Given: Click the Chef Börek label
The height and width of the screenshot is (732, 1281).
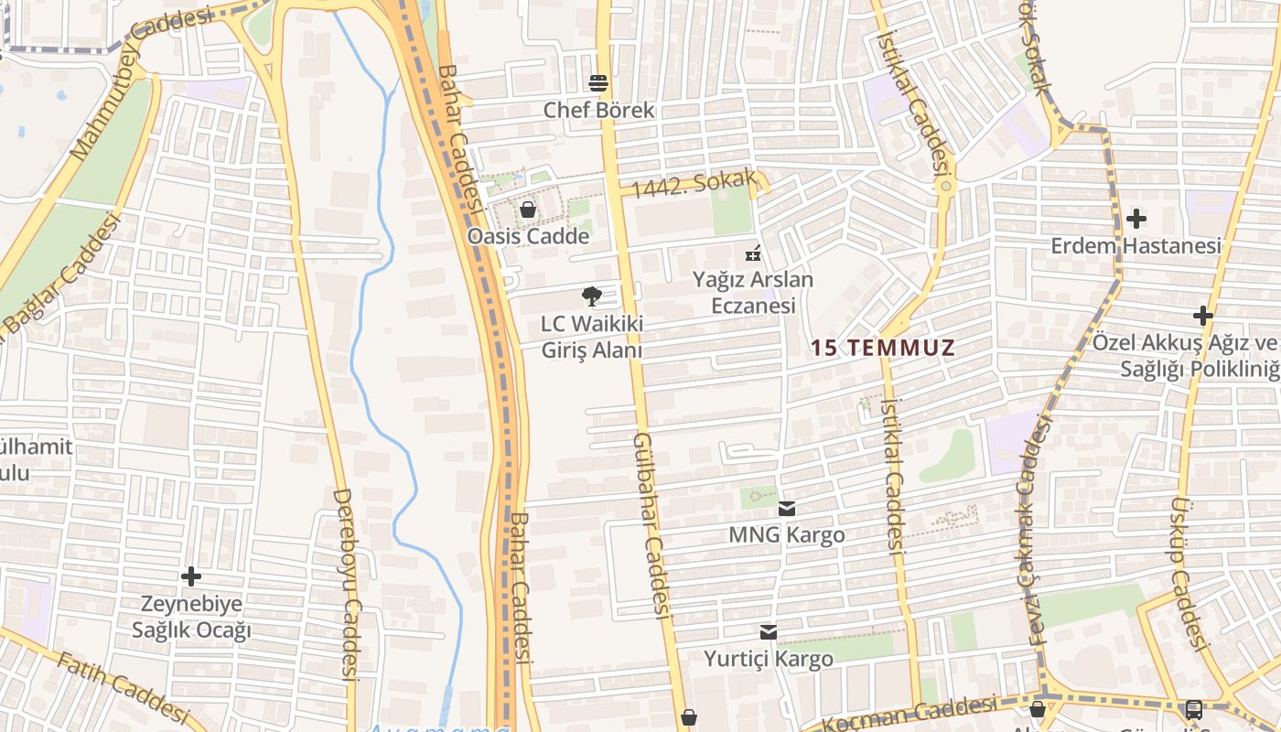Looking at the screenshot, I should (599, 110).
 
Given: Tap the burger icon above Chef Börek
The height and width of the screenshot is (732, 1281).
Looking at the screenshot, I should (599, 83).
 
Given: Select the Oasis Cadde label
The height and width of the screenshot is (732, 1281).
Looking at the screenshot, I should (528, 236).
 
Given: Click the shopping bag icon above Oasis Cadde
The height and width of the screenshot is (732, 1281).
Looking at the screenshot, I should (528, 210).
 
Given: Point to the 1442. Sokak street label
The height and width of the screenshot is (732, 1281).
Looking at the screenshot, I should (694, 185).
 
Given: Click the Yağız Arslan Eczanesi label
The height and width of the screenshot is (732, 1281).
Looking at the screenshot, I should (754, 292).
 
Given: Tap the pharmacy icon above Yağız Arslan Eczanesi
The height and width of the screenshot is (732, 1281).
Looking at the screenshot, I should (753, 253).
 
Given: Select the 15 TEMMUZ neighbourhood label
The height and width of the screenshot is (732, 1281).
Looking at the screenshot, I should (883, 348).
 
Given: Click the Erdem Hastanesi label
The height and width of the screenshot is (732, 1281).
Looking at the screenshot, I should (1136, 246).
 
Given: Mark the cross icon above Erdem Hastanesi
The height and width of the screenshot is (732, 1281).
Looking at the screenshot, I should (1136, 219).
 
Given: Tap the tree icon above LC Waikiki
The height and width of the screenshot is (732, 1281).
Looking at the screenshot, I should (592, 296).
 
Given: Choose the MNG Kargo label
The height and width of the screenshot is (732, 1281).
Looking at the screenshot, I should (787, 534).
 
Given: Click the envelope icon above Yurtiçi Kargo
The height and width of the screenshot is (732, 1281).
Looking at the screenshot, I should (769, 631).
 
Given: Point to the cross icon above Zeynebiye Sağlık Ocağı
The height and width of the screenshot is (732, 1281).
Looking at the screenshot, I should (191, 576).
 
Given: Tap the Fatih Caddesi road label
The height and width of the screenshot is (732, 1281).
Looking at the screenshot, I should (123, 686).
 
